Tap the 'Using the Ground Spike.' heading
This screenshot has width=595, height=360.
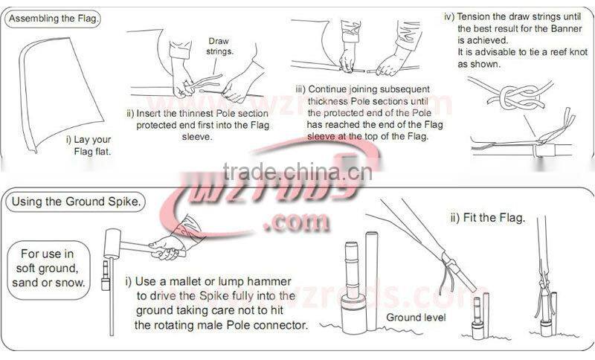[x=76, y=202]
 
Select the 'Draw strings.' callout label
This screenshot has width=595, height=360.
[x=219, y=46]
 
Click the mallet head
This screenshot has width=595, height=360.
[x=112, y=243]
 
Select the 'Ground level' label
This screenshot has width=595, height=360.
[x=416, y=318]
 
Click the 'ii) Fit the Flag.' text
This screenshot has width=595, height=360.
[x=488, y=218]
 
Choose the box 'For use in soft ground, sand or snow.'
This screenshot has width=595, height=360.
[x=48, y=270]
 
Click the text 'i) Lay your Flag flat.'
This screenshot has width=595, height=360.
[x=89, y=146]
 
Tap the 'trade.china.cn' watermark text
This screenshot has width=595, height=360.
[x=297, y=172]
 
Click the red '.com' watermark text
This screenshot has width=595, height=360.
[x=297, y=222]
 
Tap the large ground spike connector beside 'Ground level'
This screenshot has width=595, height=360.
[x=355, y=289]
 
